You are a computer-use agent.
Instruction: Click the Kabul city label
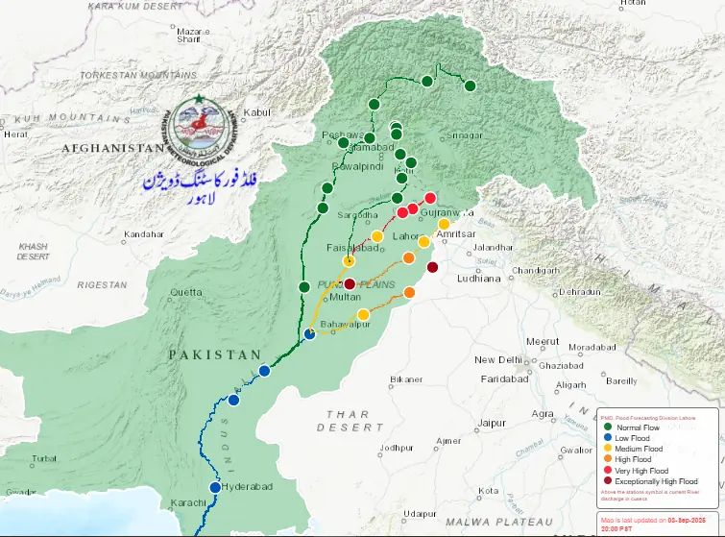point(258,113)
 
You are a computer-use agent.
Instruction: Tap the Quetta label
point(185,291)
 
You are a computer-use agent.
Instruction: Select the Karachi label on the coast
point(188,503)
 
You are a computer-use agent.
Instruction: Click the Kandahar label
point(144,234)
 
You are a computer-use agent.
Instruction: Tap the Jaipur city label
point(492,423)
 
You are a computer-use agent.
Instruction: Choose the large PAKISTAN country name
point(215,354)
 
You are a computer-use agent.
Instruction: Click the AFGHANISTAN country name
point(113,149)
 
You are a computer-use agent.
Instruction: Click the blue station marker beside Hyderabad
point(216,487)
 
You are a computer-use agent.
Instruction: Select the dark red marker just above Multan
point(350,283)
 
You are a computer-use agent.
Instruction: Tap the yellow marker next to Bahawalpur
point(363,315)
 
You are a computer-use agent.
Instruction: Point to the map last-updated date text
point(660,520)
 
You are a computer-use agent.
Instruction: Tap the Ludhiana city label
point(479,279)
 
